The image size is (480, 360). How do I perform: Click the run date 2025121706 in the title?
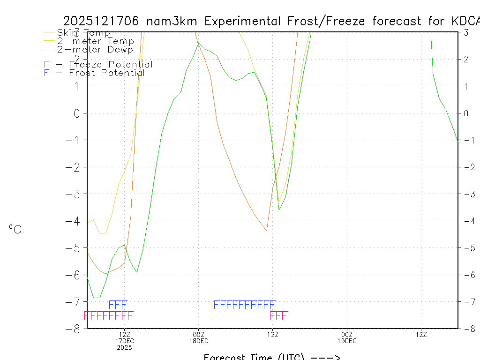102,21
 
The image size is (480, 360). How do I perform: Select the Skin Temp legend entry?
83,33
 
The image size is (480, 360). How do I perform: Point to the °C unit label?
15,230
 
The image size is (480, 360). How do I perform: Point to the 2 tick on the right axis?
466,59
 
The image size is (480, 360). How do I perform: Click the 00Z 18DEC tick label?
198,337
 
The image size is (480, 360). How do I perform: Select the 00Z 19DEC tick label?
347,337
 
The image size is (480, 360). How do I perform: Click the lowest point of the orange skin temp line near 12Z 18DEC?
266,230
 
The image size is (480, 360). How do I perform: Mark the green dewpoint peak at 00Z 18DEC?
198,43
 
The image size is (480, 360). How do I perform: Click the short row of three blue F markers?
118,305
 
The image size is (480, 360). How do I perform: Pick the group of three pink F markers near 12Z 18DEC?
278,315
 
